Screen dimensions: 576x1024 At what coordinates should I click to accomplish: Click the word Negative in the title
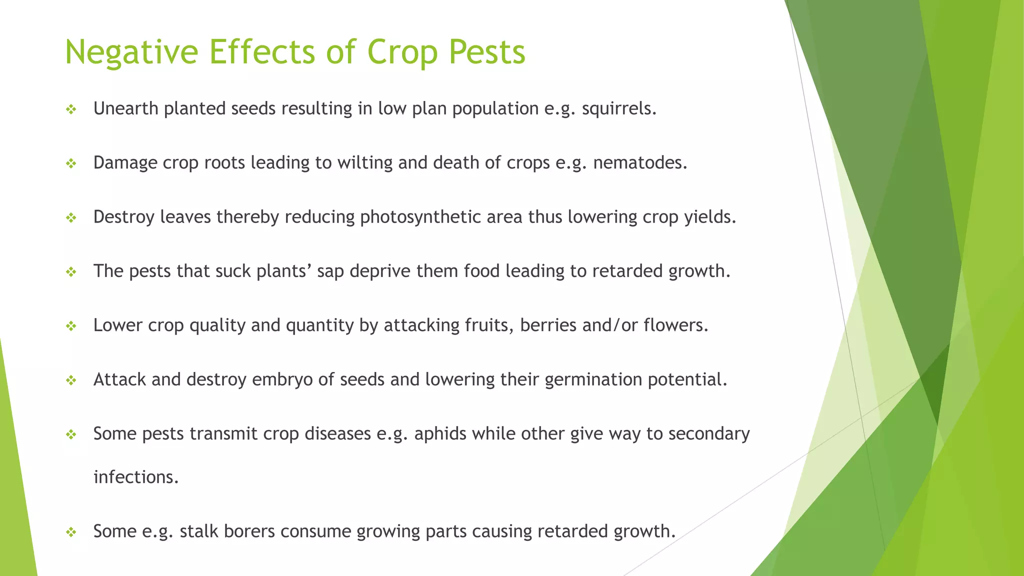[131, 52]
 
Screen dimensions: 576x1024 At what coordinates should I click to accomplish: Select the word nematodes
[639, 163]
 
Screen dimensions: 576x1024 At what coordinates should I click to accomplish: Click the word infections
[135, 477]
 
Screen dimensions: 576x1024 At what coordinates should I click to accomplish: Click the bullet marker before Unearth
[71, 109]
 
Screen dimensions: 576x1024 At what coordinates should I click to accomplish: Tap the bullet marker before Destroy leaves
[71, 217]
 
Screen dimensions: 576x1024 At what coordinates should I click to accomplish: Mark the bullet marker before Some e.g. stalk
[71, 531]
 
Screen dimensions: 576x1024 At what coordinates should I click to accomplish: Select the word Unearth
[125, 108]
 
